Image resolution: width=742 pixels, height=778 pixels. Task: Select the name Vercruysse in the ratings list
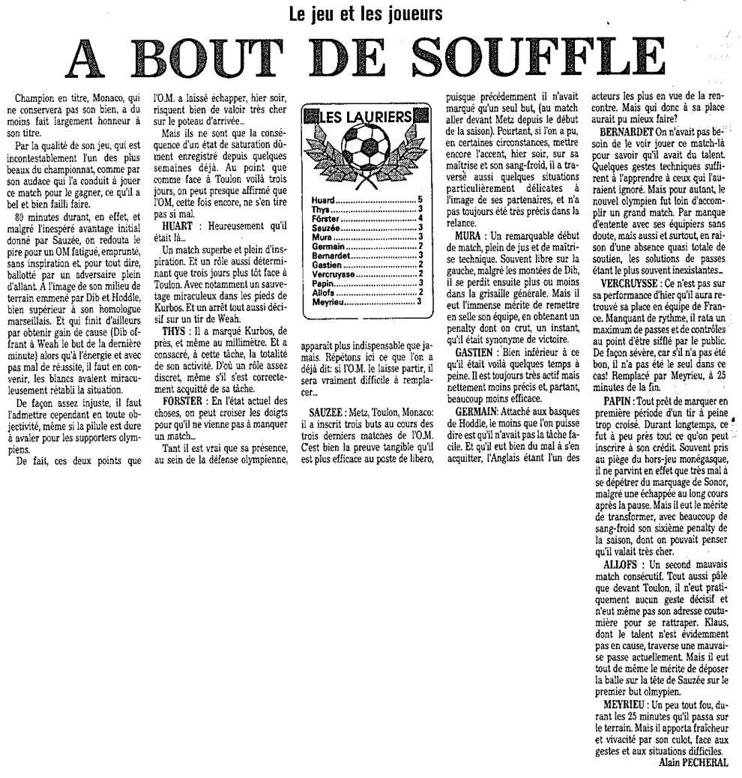click(334, 276)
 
